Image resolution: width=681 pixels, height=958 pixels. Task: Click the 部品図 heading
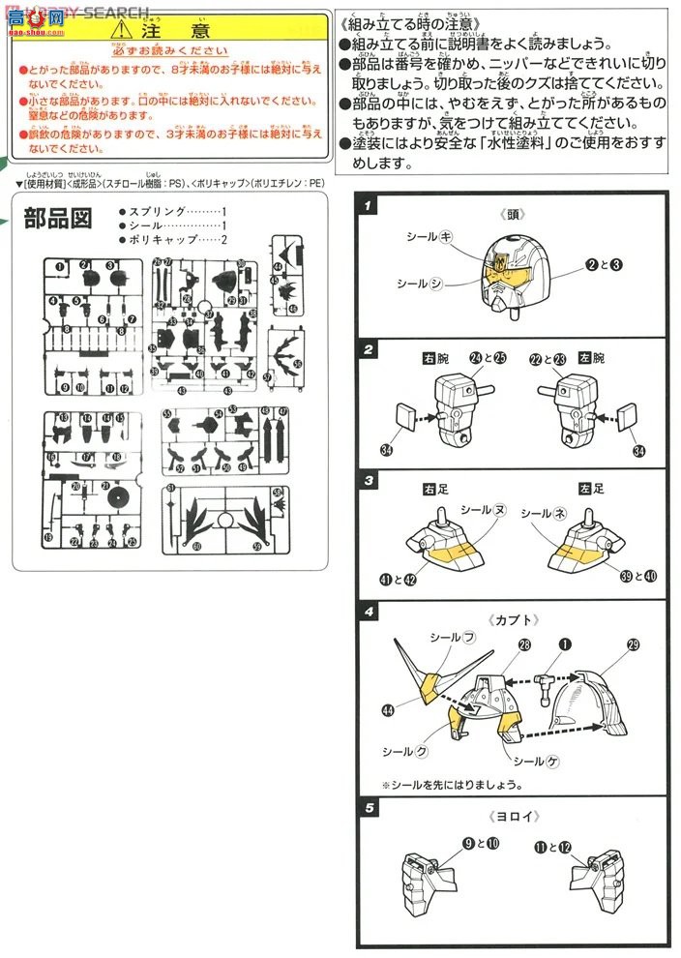[57, 219]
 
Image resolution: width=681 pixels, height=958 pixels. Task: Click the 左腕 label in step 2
[593, 358]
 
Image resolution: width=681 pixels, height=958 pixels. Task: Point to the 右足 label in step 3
[435, 490]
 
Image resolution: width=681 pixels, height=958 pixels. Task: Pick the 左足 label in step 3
[591, 490]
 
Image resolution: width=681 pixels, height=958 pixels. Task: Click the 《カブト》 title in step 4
[512, 619]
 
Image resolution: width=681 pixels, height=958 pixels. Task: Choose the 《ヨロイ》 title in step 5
[512, 816]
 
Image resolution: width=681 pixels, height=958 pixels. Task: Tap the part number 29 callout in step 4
[634, 644]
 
